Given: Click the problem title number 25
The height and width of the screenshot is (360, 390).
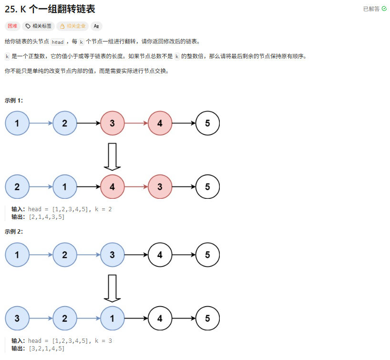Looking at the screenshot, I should click(10, 9).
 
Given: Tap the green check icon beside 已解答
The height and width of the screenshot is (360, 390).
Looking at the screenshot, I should click(384, 9).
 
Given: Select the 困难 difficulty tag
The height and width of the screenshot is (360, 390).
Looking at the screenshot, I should click(12, 26).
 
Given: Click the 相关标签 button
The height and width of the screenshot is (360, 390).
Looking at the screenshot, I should click(38, 26).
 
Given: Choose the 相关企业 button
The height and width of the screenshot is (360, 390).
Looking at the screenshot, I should click(72, 26).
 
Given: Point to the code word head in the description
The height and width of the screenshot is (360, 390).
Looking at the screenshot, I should click(58, 42).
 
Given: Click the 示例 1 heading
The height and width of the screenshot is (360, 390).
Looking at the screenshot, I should click(14, 100).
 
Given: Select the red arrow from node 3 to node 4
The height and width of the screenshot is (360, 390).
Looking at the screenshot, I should click(136, 123).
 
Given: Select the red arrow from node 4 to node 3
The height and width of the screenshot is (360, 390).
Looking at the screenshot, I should click(136, 186).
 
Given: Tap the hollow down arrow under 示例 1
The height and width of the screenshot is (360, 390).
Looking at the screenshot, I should click(112, 156).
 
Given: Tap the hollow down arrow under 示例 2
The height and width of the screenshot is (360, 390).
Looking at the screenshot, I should click(112, 288).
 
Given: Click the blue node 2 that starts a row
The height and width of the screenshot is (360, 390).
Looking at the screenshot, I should click(17, 186).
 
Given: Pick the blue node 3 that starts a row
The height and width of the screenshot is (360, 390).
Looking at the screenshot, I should click(17, 318).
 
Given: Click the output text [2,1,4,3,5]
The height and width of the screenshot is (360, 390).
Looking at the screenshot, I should click(46, 217).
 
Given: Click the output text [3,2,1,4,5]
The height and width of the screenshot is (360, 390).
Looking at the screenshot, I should click(46, 349).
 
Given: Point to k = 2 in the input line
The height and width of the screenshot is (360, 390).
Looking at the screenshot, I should click(103, 209).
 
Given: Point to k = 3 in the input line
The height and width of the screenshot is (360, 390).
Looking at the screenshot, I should click(103, 341).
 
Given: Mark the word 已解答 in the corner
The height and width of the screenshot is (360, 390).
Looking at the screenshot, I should click(371, 9).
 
